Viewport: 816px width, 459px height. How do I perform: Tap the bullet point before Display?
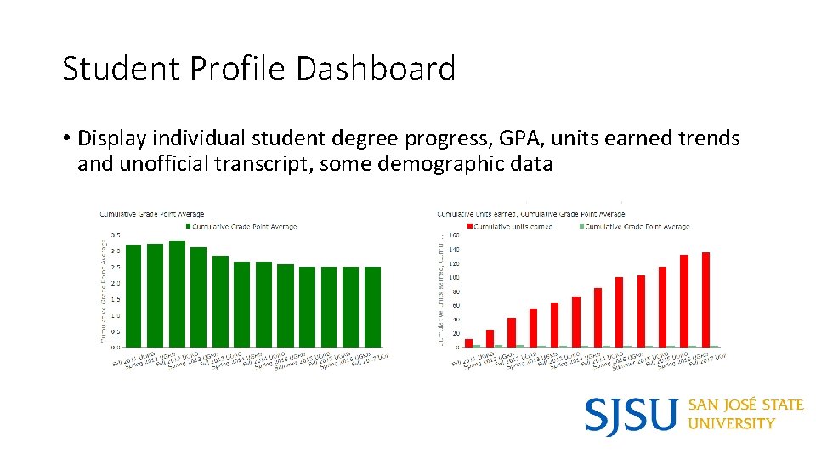tap(65, 139)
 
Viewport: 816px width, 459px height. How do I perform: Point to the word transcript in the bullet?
tap(268, 163)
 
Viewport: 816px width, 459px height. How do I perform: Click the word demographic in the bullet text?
tap(436, 163)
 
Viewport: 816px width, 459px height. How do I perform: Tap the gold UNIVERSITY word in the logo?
tap(731, 423)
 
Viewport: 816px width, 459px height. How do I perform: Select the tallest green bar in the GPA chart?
tap(177, 293)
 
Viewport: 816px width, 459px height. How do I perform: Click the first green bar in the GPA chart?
tap(133, 296)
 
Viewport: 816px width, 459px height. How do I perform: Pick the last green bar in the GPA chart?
tap(372, 307)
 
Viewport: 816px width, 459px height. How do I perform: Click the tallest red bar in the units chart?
tap(705, 299)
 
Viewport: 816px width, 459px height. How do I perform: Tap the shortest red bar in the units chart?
tap(468, 343)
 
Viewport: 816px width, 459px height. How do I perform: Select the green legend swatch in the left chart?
tap(188, 227)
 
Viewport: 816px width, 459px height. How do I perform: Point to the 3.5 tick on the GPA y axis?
tap(115, 235)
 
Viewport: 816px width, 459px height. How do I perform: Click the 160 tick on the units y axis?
tap(454, 235)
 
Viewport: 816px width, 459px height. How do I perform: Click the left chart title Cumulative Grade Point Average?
tap(152, 214)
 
